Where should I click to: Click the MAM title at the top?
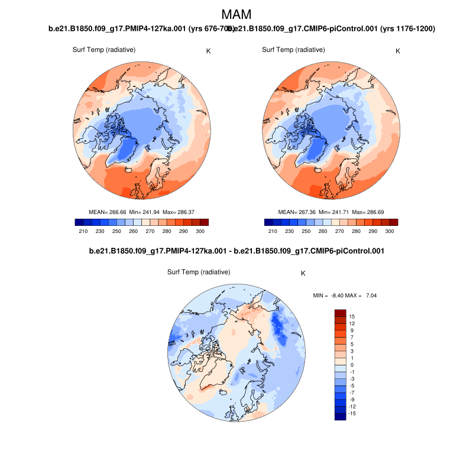(236, 14)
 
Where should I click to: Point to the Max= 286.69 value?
(368, 211)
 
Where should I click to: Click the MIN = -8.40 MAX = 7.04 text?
(344, 294)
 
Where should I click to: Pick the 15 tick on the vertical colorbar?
(351, 316)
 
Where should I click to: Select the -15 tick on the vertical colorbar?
(352, 413)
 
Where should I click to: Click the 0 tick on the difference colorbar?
(351, 365)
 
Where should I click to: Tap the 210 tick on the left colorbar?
(83, 231)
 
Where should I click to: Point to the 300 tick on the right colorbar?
(390, 231)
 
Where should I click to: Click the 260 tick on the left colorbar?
(134, 231)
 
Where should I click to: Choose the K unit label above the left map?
(208, 51)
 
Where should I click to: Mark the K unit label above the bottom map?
(303, 273)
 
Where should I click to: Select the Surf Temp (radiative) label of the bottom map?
(199, 272)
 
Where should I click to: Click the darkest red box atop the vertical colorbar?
(340, 313)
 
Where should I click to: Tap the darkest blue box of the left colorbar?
(79, 222)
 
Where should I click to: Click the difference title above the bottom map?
(236, 251)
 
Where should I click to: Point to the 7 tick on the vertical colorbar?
(351, 337)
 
